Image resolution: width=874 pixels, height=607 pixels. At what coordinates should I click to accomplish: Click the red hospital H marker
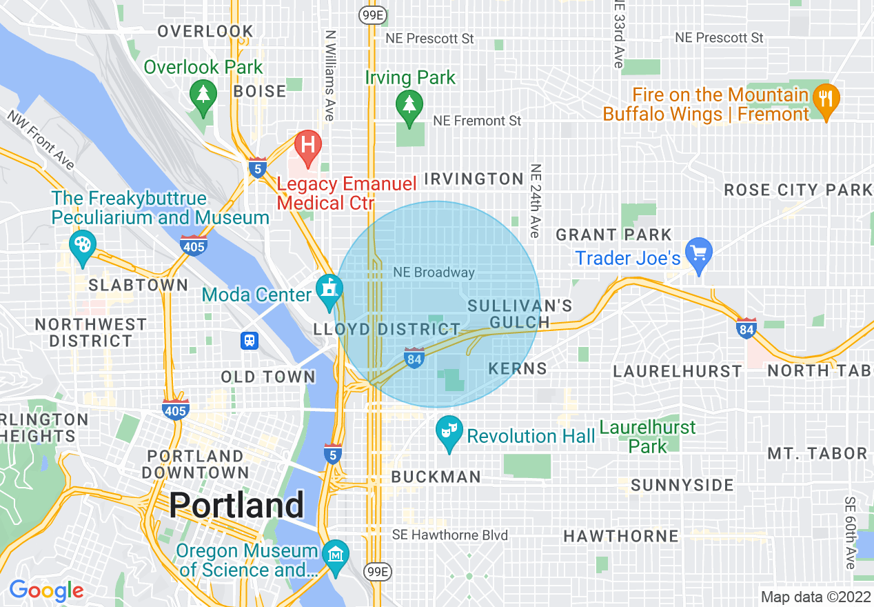308,146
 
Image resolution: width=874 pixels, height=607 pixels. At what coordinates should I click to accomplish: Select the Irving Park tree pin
410,106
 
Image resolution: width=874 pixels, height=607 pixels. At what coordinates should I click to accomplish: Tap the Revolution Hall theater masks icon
449,432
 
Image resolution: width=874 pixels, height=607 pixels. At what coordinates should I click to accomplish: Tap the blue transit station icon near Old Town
250,341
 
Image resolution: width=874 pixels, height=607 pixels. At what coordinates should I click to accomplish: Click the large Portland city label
236,506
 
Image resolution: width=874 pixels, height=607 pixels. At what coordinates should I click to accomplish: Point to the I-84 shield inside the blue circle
414,358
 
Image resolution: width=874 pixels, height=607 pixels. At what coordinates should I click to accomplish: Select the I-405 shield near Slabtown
194,244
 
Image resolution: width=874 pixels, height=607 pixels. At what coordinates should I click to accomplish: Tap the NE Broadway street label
434,272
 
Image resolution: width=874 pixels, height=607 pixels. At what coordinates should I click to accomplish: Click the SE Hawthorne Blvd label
449,535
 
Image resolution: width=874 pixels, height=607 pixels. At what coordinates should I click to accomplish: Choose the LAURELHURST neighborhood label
677,371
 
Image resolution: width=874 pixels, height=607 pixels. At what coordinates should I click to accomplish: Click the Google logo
46,590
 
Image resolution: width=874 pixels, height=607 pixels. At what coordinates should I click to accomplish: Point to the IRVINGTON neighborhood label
474,179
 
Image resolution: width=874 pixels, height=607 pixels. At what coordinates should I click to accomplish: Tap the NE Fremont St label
477,121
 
